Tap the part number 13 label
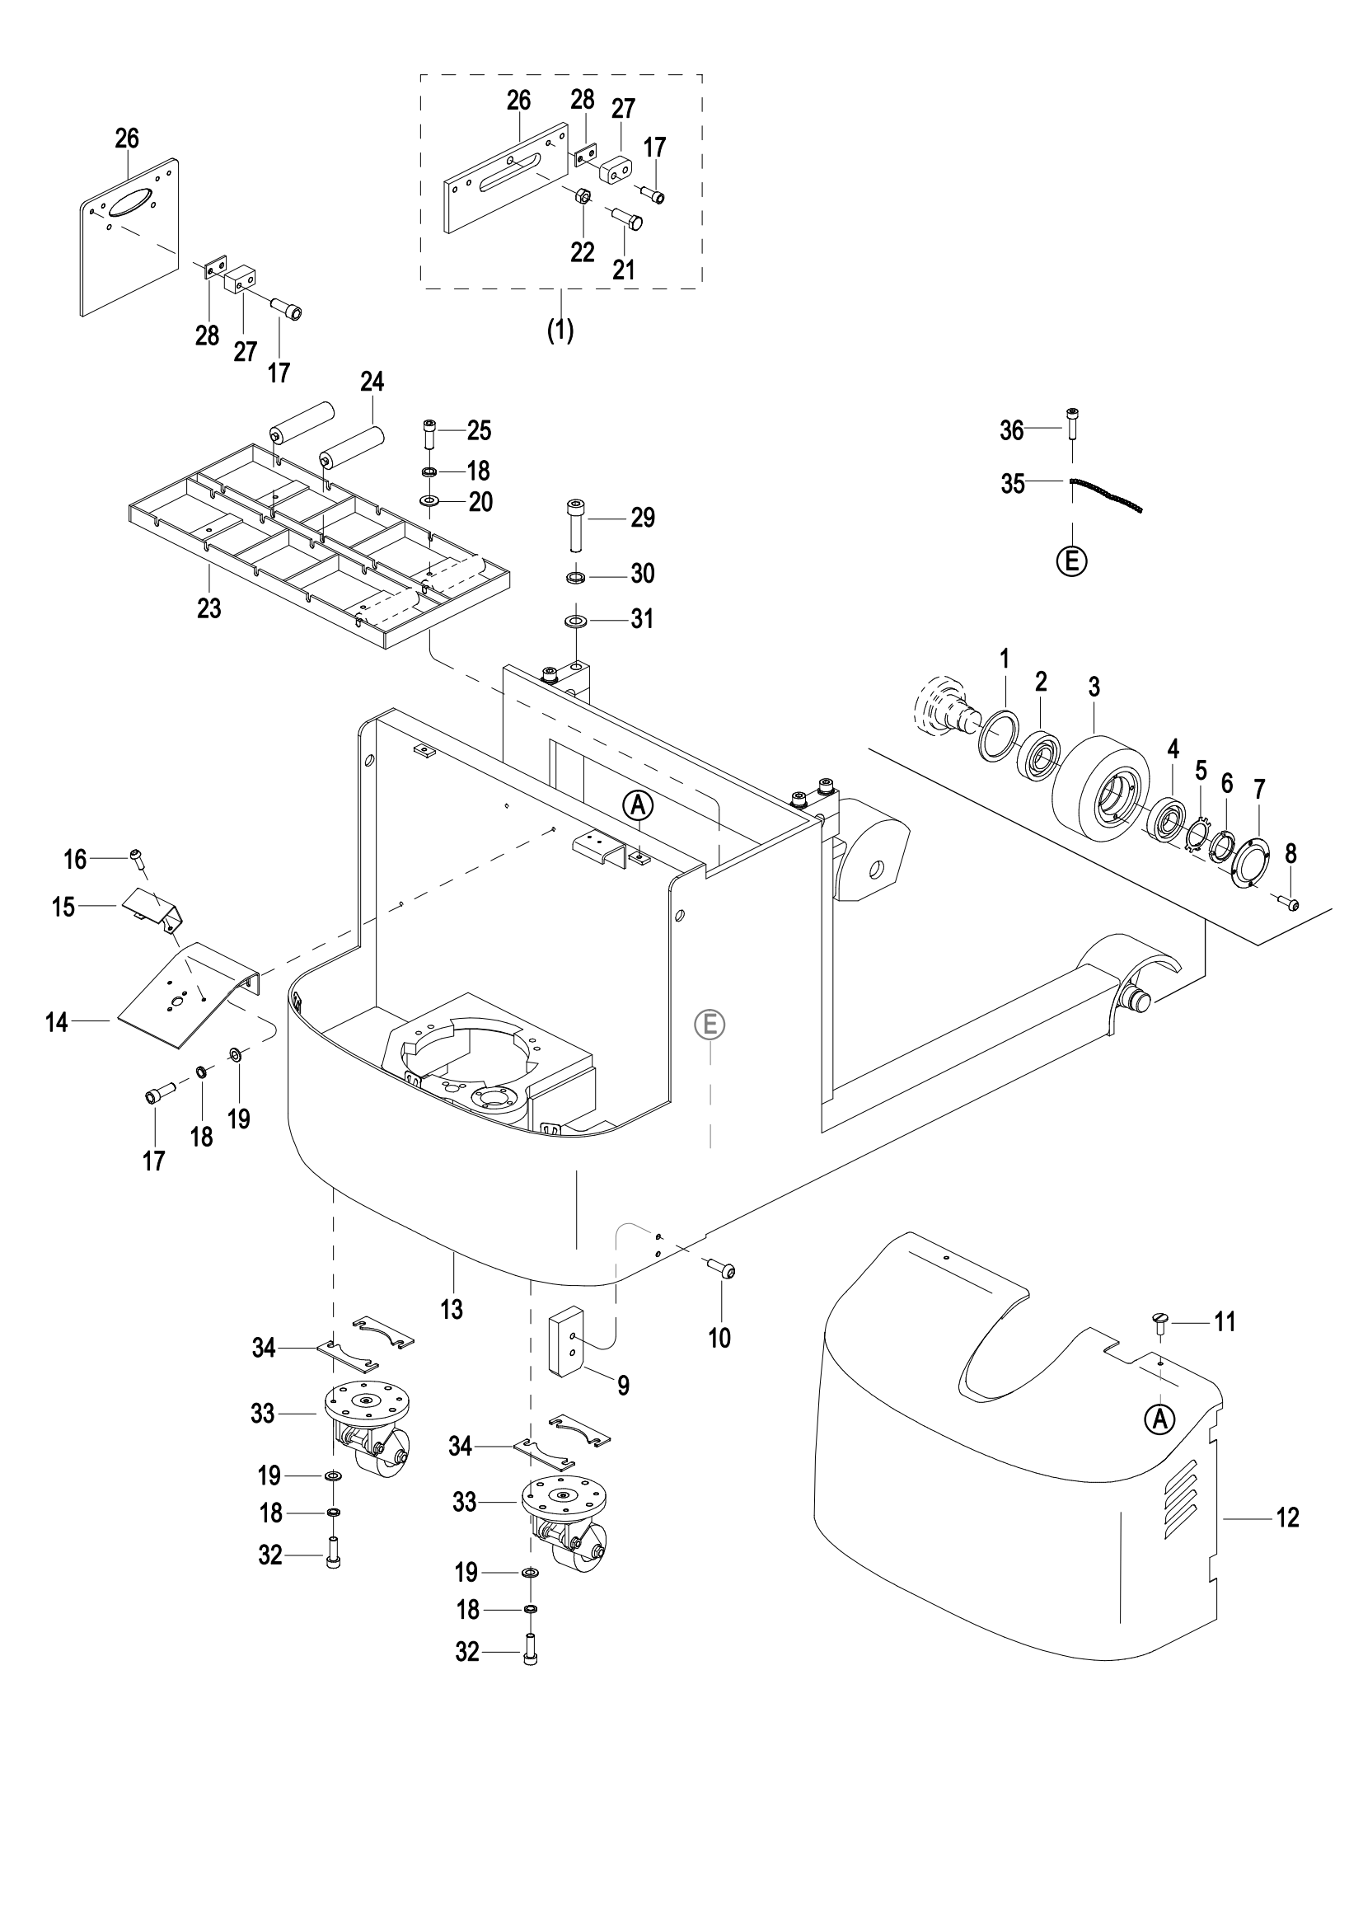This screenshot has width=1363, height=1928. pos(452,1308)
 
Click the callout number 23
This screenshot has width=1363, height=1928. pos(209,607)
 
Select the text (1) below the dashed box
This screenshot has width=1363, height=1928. pos(560,330)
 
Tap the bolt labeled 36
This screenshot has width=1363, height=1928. pos(1072,423)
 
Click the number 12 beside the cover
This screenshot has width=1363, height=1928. pos(1287,1518)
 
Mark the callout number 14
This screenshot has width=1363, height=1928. pos(56,1022)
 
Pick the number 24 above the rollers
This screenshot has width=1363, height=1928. pos(372,383)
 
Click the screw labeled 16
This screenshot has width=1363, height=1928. pos(138,858)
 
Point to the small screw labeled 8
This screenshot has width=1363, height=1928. pos(1289,903)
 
